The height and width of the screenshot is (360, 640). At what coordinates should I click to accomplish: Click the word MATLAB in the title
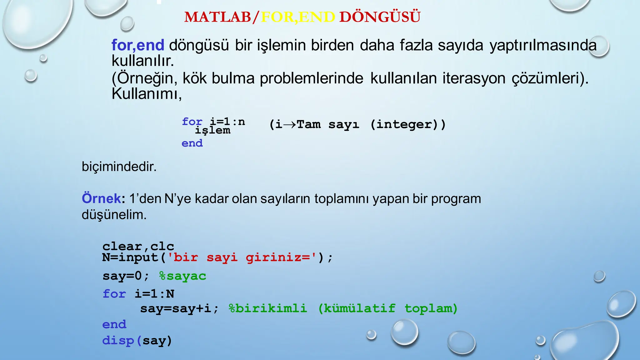[217, 17]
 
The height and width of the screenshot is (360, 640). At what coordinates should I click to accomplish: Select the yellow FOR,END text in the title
[298, 17]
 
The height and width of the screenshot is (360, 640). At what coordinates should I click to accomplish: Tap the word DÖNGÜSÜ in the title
[380, 17]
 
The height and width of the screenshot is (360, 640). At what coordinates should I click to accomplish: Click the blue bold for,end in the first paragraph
[138, 45]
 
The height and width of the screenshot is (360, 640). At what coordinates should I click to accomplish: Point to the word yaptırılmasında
[543, 45]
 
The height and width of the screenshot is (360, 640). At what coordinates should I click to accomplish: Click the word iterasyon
[474, 78]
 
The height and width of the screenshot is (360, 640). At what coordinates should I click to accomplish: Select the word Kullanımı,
[147, 93]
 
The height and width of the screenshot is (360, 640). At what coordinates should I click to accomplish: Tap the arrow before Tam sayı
[289, 124]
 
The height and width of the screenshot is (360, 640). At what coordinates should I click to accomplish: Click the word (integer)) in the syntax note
[408, 124]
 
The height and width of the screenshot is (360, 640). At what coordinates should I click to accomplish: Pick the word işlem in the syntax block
[213, 130]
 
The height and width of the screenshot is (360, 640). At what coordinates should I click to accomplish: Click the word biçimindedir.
[119, 167]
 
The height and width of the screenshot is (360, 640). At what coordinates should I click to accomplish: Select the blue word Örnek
[101, 198]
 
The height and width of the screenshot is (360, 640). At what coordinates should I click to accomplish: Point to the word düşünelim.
[114, 215]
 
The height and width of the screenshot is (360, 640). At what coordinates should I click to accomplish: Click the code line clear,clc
[138, 246]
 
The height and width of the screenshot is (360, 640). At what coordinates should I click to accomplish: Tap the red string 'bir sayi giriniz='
[242, 257]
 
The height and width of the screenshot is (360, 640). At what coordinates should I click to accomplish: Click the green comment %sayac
[182, 276]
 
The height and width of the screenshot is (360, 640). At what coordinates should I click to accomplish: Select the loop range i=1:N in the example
[154, 294]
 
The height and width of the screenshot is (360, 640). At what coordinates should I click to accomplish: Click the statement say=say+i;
[179, 308]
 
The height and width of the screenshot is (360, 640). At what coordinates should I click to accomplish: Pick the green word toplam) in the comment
[431, 308]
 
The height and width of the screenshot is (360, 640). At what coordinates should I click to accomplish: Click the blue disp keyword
[118, 340]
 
